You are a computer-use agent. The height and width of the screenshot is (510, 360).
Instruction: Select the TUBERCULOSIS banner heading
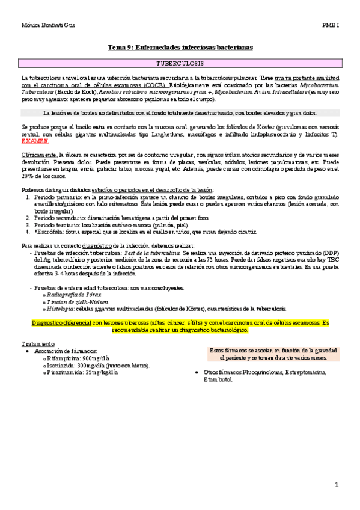point(180,63)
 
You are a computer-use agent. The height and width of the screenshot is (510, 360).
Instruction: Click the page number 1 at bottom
point(337,484)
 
